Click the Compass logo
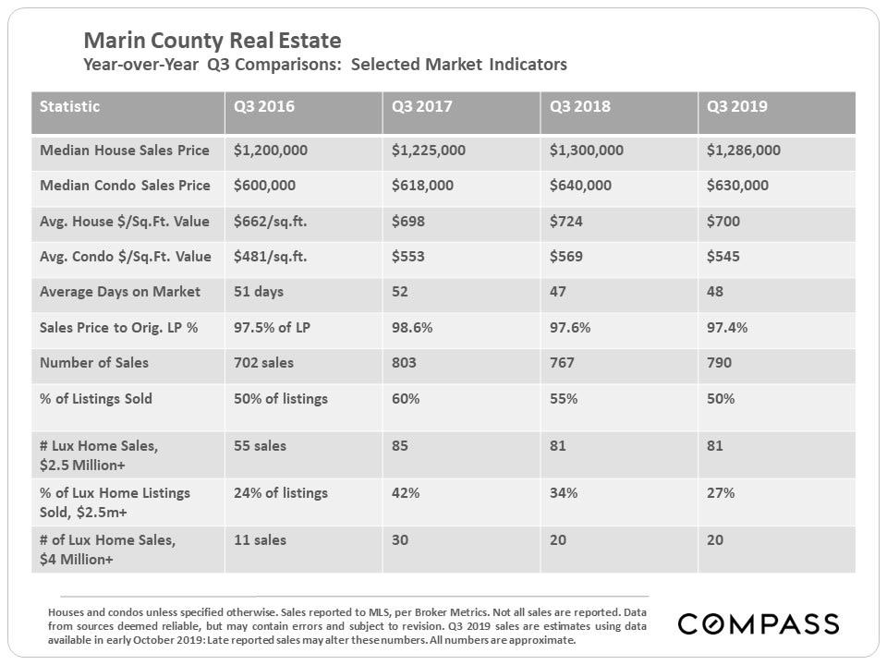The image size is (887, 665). click(758, 624)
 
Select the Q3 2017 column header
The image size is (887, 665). click(422, 106)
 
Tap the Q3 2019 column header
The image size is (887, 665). click(737, 106)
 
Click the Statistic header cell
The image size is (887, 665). click(70, 106)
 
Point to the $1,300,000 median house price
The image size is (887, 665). click(587, 151)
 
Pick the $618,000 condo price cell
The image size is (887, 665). click(422, 186)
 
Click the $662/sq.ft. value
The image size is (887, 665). click(271, 222)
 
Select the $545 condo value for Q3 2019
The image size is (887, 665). click(722, 257)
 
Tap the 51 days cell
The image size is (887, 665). click(259, 292)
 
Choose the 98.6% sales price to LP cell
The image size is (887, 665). click(411, 328)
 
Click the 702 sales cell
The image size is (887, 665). click(262, 363)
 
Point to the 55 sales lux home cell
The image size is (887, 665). click(260, 446)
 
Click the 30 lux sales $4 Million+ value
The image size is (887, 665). click(400, 540)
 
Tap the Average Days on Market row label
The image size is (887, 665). click(120, 292)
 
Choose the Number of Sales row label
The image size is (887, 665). click(94, 363)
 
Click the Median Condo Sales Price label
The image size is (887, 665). click(125, 186)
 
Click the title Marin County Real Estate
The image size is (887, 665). click(212, 41)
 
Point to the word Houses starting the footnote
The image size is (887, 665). click(67, 612)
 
